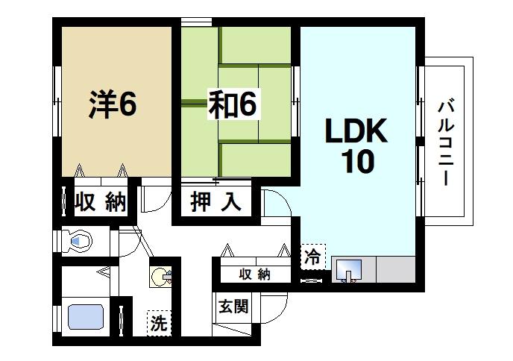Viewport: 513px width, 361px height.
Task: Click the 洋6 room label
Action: (x=113, y=105)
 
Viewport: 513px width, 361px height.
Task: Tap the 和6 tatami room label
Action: (x=232, y=106)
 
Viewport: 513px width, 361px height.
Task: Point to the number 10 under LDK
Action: (x=357, y=161)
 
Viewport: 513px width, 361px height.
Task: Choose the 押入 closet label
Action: (x=216, y=201)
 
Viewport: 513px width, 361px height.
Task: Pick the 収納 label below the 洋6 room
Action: (x=101, y=201)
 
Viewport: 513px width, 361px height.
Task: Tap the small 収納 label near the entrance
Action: (x=254, y=274)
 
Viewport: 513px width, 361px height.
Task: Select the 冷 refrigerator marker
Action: (x=313, y=257)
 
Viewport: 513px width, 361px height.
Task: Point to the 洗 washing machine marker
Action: (x=159, y=324)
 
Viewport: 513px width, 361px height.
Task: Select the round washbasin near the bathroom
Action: (x=162, y=278)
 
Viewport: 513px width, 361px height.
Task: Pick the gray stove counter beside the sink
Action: (x=395, y=269)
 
